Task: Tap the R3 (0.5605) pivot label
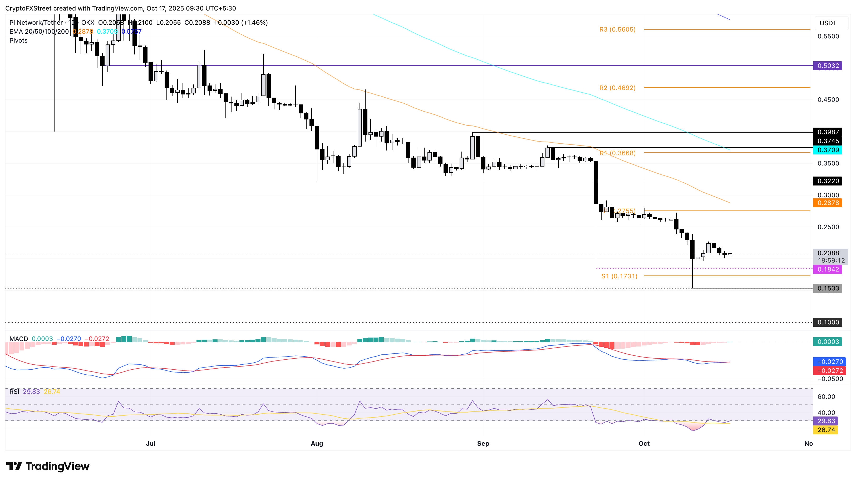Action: pos(617,29)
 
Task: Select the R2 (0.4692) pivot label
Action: pos(617,88)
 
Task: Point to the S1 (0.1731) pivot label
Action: pos(619,276)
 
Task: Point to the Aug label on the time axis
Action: pos(317,444)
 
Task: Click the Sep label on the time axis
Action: pos(483,444)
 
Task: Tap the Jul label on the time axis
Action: pos(151,444)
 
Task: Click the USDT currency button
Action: pos(828,23)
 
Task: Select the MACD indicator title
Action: pos(19,339)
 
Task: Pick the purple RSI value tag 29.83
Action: pos(826,421)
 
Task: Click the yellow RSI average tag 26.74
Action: pos(826,430)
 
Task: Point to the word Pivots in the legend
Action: pos(19,41)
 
